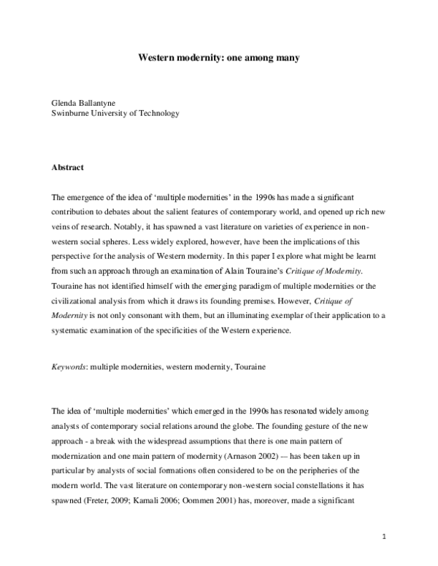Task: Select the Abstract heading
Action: (x=68, y=167)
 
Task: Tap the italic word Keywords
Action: (x=69, y=368)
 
